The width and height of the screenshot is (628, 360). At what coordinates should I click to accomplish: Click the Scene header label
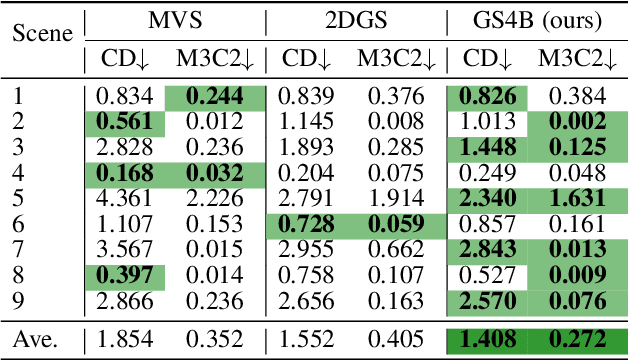(43, 33)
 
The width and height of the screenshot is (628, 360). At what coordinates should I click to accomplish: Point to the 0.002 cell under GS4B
(580, 121)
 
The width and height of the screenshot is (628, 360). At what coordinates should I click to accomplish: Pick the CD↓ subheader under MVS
(125, 60)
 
